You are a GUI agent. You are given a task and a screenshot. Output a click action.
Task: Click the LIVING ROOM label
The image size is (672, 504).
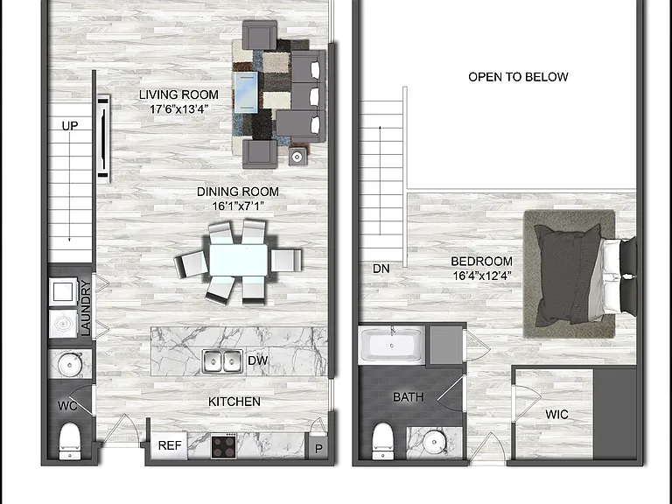178,94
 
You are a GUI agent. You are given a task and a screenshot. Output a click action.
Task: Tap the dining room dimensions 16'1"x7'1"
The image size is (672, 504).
238,206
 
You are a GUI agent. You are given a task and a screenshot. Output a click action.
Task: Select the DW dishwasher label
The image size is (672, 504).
257,360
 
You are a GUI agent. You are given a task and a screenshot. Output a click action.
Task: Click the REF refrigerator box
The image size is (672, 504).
169,445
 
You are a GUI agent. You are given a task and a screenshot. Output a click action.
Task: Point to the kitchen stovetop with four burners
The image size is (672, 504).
224,445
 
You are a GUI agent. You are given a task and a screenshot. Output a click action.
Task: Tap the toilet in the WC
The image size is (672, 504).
69,441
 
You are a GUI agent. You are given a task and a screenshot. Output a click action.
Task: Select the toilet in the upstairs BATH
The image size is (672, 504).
382,441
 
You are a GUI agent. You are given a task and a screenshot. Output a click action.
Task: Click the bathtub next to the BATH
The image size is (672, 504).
392,345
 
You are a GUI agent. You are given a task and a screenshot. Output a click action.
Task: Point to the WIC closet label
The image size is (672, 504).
556,415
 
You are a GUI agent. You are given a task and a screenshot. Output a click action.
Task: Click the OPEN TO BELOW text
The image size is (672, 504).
518,77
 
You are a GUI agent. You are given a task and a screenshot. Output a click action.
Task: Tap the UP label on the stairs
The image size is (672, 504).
70,126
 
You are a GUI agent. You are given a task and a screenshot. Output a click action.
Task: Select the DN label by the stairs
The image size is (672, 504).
381,269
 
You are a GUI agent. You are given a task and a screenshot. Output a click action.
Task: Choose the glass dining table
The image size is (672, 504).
238,261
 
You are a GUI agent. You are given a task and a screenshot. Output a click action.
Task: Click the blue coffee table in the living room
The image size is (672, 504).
246,93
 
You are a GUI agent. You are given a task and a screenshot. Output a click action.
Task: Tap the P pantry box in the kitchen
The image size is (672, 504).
318,448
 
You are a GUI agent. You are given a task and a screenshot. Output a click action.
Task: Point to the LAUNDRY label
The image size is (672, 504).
86,308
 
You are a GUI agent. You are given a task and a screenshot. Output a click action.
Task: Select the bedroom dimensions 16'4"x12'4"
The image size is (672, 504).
482,276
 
